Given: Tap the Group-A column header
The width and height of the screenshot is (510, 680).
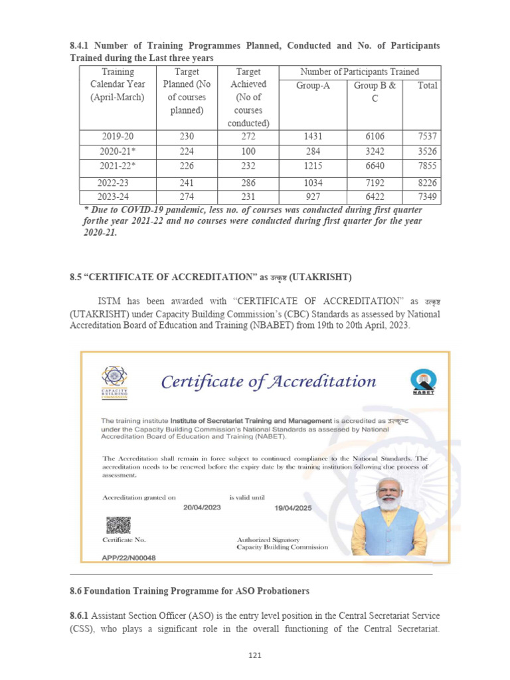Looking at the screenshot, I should pos(312,86).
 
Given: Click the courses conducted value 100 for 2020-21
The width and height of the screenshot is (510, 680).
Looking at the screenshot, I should pos(247,151).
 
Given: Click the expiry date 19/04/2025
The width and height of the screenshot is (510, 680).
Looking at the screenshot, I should pos(293,508).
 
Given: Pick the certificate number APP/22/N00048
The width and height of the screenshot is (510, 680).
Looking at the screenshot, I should pos(128,558).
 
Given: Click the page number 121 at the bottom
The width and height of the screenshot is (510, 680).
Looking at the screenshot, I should pos(255,656).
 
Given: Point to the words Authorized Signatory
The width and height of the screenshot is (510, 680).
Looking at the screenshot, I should pos(268,539).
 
